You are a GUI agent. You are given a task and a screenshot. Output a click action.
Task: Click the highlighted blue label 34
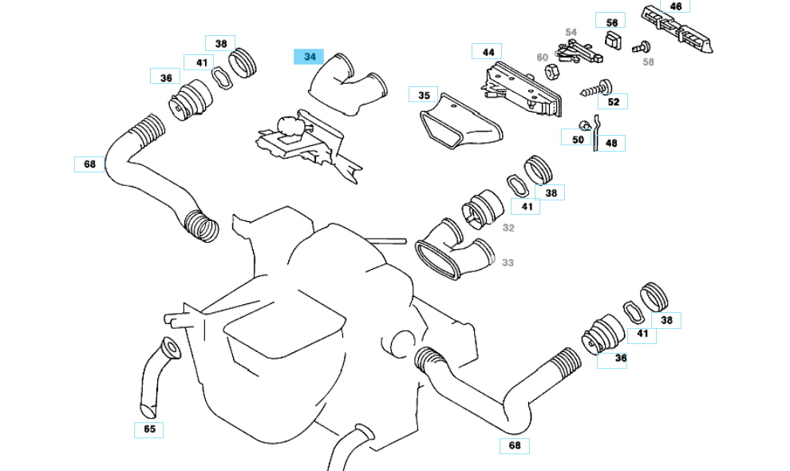310,57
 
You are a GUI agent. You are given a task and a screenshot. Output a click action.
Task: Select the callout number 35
424,94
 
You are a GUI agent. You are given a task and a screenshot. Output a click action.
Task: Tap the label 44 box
488,52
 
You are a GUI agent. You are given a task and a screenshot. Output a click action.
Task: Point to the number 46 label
675,6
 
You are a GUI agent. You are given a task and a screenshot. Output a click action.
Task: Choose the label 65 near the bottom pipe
149,429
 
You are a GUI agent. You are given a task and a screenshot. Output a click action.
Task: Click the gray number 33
508,263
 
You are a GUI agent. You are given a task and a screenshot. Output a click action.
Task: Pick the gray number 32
508,228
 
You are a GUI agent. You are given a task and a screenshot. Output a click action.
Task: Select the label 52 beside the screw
613,101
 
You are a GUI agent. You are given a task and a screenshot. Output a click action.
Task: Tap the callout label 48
610,144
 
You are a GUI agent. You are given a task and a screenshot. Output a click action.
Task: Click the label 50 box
578,139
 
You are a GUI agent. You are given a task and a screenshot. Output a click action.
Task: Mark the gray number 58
648,61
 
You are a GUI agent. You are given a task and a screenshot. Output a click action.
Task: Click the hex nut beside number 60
551,72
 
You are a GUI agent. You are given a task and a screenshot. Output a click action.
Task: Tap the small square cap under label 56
613,40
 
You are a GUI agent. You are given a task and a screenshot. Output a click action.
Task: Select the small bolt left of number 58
638,48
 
